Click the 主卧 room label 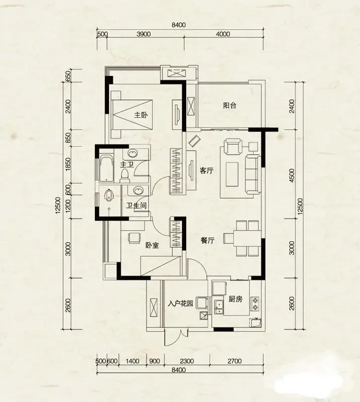141,115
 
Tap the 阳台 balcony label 229,106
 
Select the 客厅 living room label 206,170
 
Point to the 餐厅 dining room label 207,241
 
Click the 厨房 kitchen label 235,299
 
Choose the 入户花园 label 180,304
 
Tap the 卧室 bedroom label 152,245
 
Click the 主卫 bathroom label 127,164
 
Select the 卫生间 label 136,206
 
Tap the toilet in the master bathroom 125,175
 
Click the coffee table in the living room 232,174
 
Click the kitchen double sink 219,307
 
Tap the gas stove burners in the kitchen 255,304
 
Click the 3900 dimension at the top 144,34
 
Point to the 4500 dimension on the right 292,175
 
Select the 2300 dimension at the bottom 187,361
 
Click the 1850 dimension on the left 68,164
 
